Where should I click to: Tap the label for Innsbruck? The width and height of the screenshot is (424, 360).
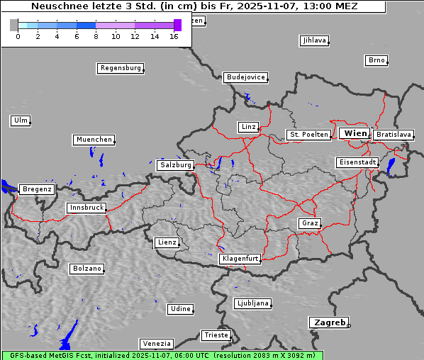[87, 208]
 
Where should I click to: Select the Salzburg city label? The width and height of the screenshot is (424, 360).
[175, 165]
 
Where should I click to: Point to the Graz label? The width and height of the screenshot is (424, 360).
[309, 224]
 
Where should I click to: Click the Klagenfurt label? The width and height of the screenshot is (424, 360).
[240, 259]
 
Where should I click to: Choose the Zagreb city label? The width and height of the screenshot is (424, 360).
[329, 322]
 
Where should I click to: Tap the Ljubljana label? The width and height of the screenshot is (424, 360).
[252, 303]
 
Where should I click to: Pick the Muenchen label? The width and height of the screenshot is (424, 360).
[94, 140]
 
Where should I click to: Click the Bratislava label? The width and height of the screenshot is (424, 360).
[394, 135]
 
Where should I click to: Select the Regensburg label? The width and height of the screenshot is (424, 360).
[120, 69]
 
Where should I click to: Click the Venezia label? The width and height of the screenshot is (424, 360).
[156, 344]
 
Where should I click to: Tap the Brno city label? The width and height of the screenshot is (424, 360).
[376, 60]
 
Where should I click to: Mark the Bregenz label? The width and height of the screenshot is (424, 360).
[37, 190]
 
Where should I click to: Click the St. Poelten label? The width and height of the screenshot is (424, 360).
[308, 135]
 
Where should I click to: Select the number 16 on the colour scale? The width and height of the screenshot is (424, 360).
[174, 36]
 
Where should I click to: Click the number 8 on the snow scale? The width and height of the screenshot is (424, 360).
[96, 36]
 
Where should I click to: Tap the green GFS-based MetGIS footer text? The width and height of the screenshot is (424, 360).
[162, 355]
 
